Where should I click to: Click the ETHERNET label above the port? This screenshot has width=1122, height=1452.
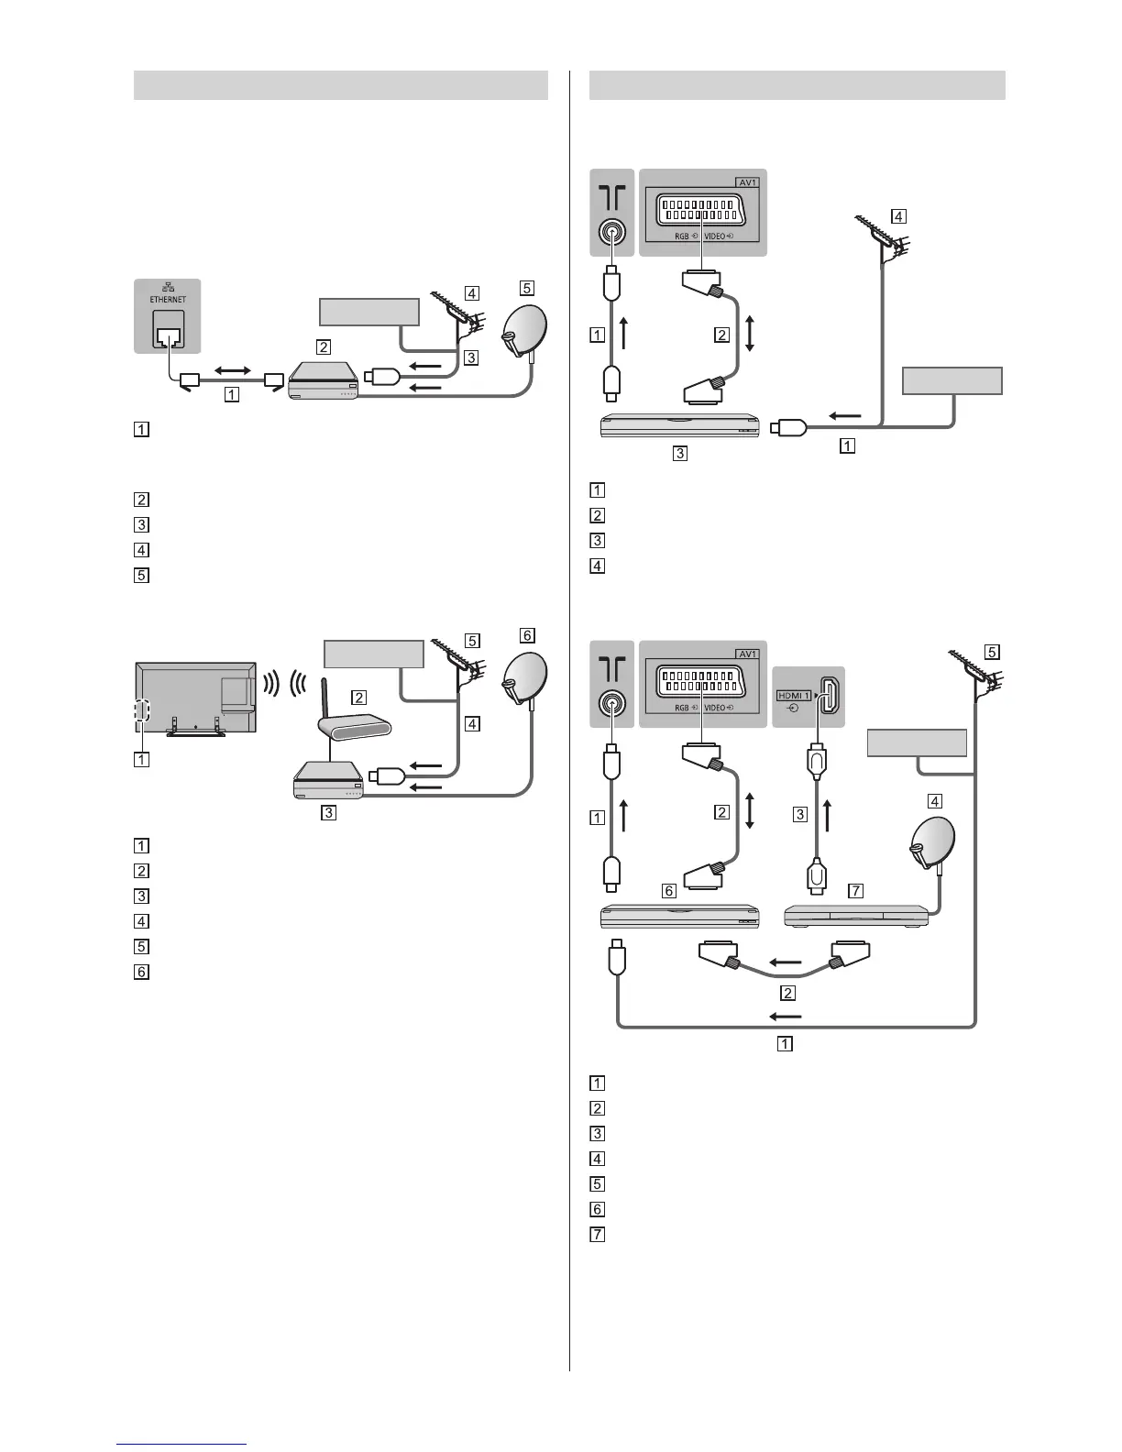click(168, 299)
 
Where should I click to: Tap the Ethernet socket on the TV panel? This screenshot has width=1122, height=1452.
click(168, 329)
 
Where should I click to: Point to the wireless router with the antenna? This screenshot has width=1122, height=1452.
click(352, 723)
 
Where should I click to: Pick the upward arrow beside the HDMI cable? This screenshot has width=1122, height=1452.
click(828, 816)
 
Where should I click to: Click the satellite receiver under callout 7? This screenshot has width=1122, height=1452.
click(856, 915)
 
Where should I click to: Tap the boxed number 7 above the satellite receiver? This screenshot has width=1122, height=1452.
click(856, 890)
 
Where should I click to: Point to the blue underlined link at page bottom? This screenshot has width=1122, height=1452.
click(182, 1445)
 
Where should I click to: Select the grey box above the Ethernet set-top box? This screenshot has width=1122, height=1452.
click(368, 311)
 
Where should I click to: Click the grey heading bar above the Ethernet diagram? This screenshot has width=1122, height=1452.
click(341, 85)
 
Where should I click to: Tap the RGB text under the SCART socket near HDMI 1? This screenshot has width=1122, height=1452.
click(680, 708)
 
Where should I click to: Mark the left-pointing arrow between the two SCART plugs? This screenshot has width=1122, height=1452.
click(785, 962)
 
